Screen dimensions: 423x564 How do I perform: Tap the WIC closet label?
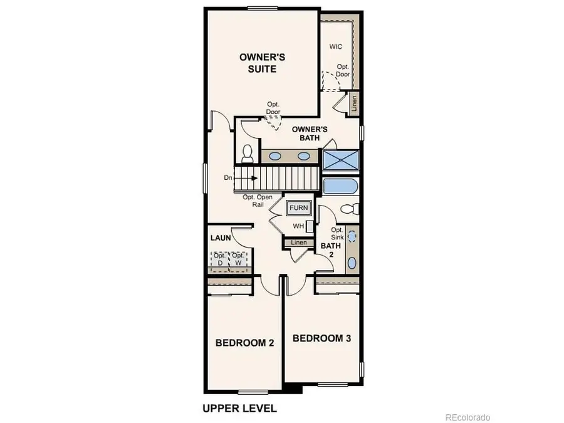click(335, 47)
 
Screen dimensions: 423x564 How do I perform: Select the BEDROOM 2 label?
click(244, 343)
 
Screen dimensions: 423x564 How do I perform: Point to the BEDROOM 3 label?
click(321, 338)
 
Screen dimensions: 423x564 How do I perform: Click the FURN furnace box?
click(298, 208)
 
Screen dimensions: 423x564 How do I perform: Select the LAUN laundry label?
click(221, 238)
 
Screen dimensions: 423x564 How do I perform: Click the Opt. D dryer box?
click(219, 259)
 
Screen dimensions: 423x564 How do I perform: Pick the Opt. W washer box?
click(238, 259)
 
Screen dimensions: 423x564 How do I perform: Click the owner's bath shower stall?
click(341, 159)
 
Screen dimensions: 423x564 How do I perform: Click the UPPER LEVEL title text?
click(239, 409)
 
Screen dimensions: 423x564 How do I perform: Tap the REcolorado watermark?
click(467, 417)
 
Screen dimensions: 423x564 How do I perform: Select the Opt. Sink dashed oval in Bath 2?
click(352, 237)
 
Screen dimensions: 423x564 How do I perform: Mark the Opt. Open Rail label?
click(257, 201)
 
